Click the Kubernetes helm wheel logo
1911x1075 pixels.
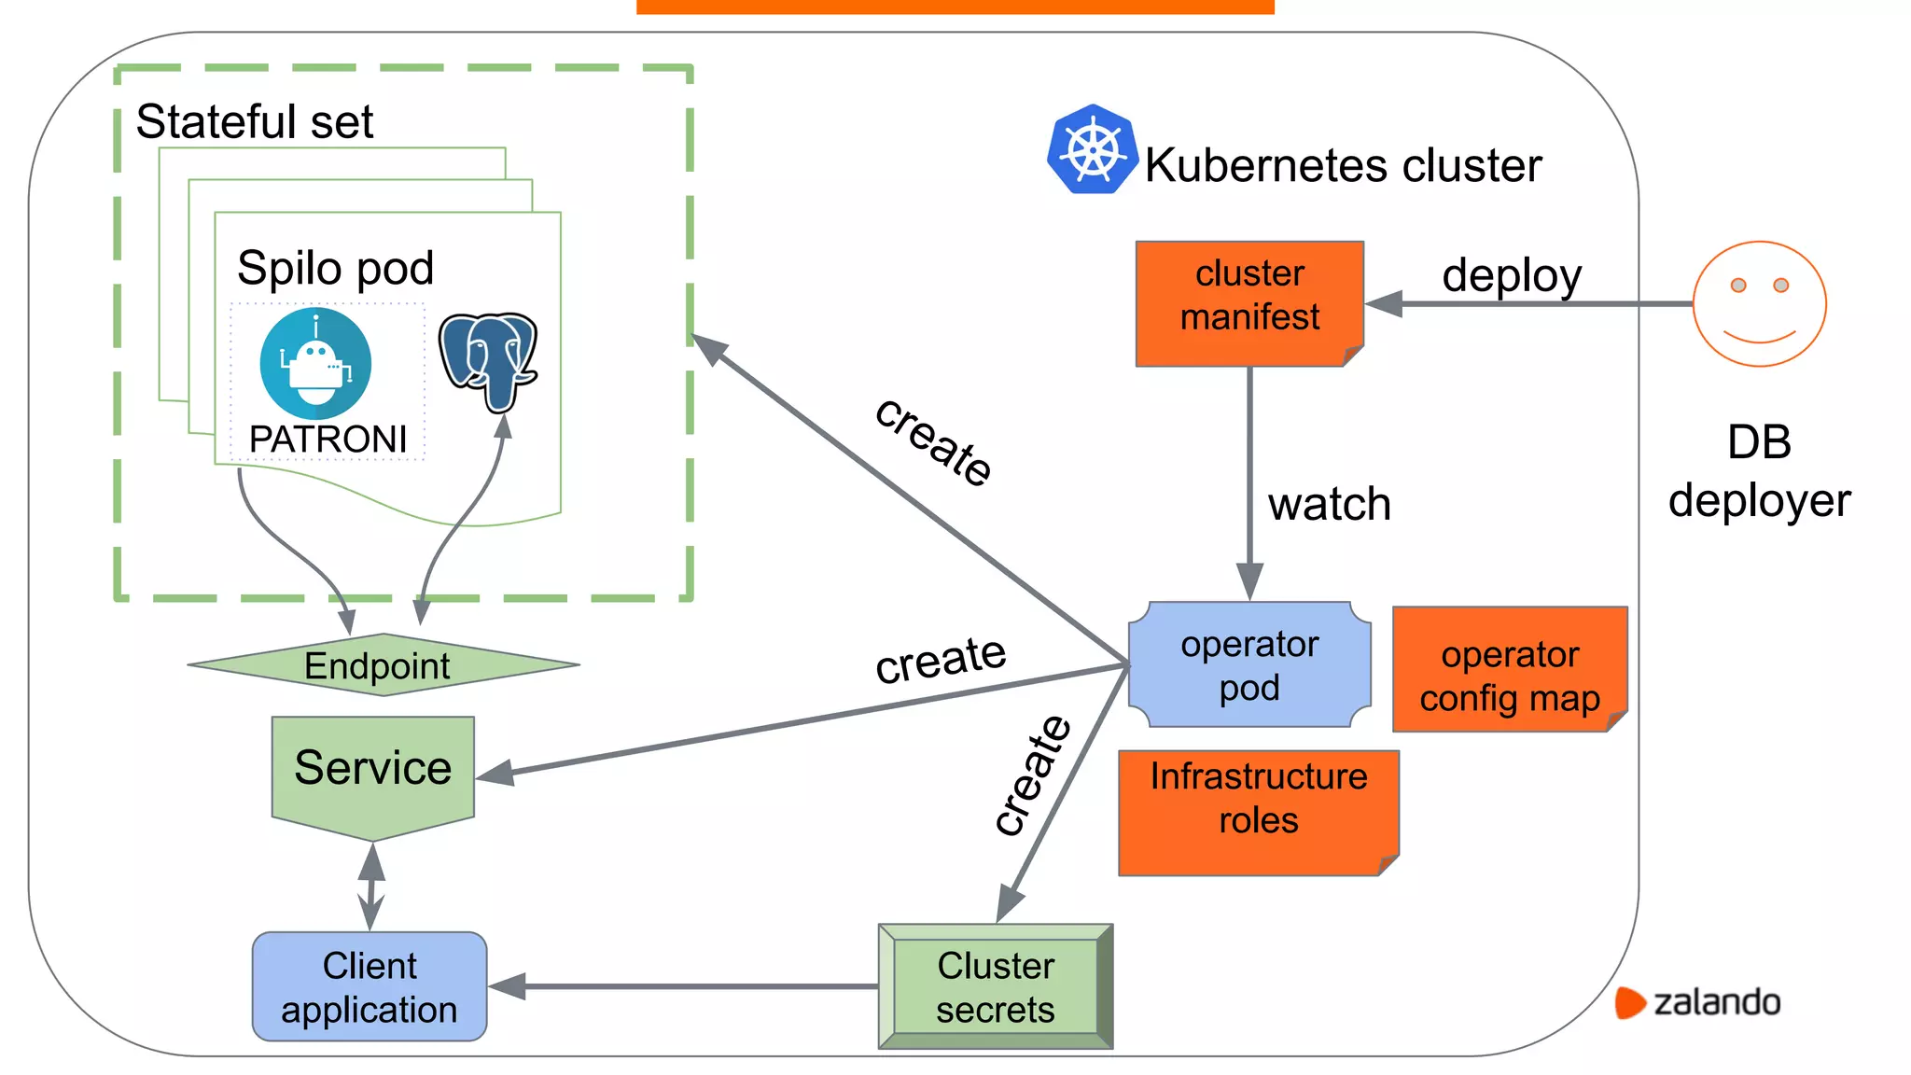1092,150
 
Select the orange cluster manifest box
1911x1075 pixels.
1248,302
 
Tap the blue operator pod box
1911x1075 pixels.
1248,664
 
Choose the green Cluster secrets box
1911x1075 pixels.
995,986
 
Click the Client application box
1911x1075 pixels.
370,986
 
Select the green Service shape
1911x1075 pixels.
372,771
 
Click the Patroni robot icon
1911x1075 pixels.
315,364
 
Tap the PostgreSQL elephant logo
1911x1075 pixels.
488,360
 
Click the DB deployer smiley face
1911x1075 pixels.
1759,304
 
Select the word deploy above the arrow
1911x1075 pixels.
1511,275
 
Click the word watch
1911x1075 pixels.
1329,504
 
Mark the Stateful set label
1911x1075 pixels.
254,121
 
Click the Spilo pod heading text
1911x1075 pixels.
335,269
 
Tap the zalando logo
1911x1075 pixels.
1698,1002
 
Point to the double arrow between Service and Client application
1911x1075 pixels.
371,886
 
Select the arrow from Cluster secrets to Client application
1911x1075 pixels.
681,986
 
